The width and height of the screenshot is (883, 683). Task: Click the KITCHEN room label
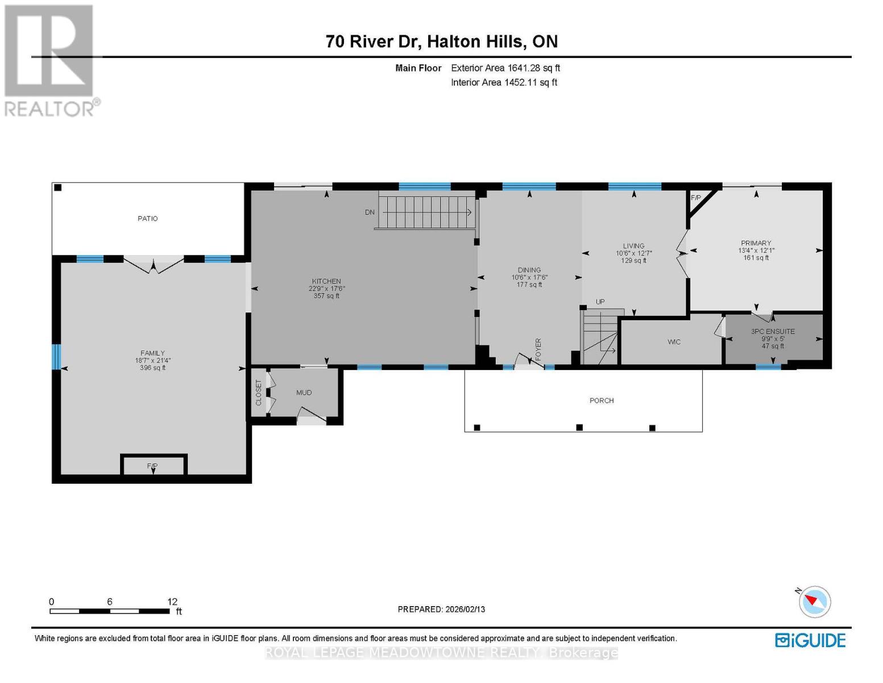[x=326, y=281]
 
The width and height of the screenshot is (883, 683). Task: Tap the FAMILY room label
[x=152, y=353]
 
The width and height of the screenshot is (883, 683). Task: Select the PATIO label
[x=148, y=219]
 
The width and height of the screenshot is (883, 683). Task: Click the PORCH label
[x=602, y=401]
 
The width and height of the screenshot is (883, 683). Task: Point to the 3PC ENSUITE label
[x=773, y=331]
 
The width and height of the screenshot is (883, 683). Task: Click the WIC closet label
[x=674, y=342]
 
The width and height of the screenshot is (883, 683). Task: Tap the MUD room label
[x=304, y=393]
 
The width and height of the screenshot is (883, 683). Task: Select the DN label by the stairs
[x=370, y=212]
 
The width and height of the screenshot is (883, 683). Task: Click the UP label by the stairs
[x=600, y=302]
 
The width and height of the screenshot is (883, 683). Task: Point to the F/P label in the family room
[x=152, y=466]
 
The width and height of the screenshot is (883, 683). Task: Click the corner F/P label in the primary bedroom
[x=696, y=198]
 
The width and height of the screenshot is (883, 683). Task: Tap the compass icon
[x=815, y=602]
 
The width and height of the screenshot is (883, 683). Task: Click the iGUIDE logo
[x=810, y=640]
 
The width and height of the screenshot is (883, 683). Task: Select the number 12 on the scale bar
[x=172, y=602]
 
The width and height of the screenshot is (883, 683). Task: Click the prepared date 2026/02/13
[x=465, y=609]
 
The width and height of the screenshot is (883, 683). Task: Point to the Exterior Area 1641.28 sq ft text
[x=505, y=68]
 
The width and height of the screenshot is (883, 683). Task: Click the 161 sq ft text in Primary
[x=756, y=258]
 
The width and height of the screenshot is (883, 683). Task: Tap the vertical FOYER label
[x=538, y=349]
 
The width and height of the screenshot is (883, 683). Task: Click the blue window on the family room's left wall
[x=56, y=357]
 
